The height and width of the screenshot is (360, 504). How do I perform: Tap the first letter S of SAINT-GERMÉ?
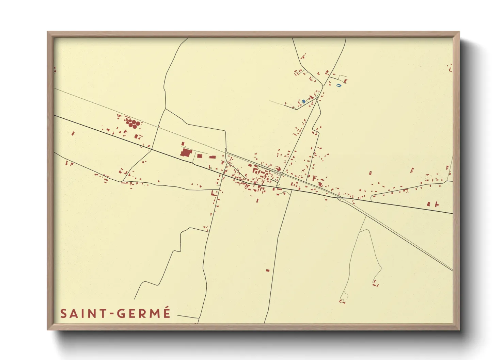63,314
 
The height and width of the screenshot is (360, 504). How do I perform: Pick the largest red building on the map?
186,152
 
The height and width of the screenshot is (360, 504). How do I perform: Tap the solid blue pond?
303,101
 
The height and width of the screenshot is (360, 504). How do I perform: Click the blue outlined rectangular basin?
338,85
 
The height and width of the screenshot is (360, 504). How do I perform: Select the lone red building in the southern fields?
268,271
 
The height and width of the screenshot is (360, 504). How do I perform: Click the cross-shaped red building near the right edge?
436,204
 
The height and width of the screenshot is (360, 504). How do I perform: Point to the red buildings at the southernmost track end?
342,301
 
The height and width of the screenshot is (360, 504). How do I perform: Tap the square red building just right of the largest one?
200,156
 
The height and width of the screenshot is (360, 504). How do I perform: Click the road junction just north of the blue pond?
317,98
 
